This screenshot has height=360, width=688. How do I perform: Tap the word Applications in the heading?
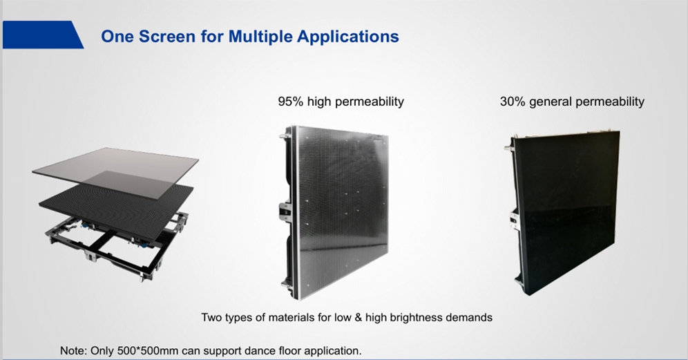coord(348,37)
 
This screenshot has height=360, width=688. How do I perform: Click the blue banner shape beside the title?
coord(43,35)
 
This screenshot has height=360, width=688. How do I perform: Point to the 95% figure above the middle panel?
coord(291,102)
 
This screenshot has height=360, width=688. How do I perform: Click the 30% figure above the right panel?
coord(513,102)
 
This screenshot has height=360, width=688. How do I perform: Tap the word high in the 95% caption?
coord(319,102)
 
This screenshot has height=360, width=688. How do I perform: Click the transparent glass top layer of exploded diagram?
coord(115,173)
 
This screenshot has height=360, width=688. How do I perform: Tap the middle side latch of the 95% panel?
coord(285,211)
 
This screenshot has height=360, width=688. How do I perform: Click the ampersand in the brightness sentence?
coord(358,317)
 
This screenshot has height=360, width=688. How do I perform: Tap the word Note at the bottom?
coord(74,351)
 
